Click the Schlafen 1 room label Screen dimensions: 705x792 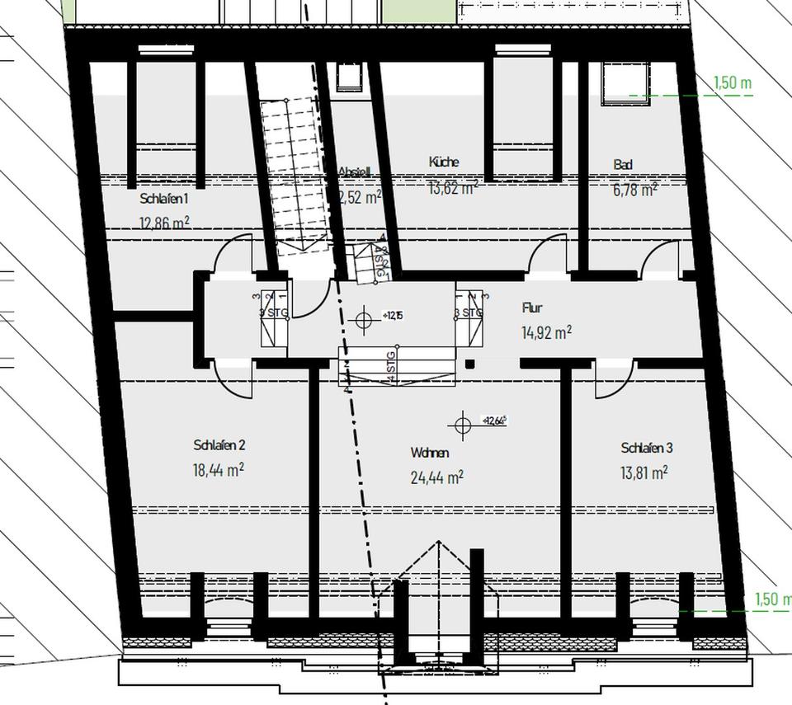165,199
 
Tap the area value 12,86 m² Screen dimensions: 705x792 166,222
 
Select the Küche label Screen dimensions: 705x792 444,162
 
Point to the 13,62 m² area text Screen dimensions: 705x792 453,187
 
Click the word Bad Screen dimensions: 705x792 623,165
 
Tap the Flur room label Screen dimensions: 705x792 532,308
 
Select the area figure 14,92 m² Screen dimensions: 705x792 546,332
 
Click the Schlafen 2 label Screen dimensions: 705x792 219,445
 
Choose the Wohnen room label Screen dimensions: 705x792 430,453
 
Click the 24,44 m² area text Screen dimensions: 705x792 436,477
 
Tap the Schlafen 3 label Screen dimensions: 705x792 647,448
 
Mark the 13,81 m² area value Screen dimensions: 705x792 643,472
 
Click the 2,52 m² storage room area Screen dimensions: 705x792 361,197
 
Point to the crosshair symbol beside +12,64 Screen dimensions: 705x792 462,425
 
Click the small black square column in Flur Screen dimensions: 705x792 469,364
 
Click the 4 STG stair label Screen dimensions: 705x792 391,366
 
